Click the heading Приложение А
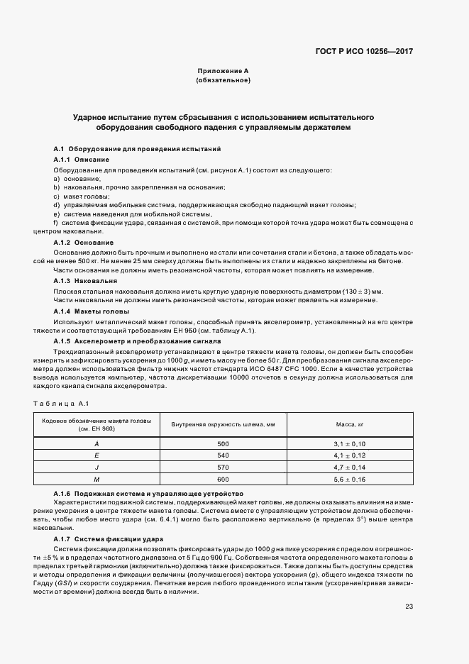(223, 71)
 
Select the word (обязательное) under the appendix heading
(223, 81)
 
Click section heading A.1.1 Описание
(72, 160)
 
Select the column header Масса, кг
(350, 424)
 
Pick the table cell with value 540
(224, 455)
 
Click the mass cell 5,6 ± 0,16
(349, 480)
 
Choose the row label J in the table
(96, 467)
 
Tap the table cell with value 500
(224, 443)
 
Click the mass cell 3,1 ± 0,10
(349, 443)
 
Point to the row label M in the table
(96, 480)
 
